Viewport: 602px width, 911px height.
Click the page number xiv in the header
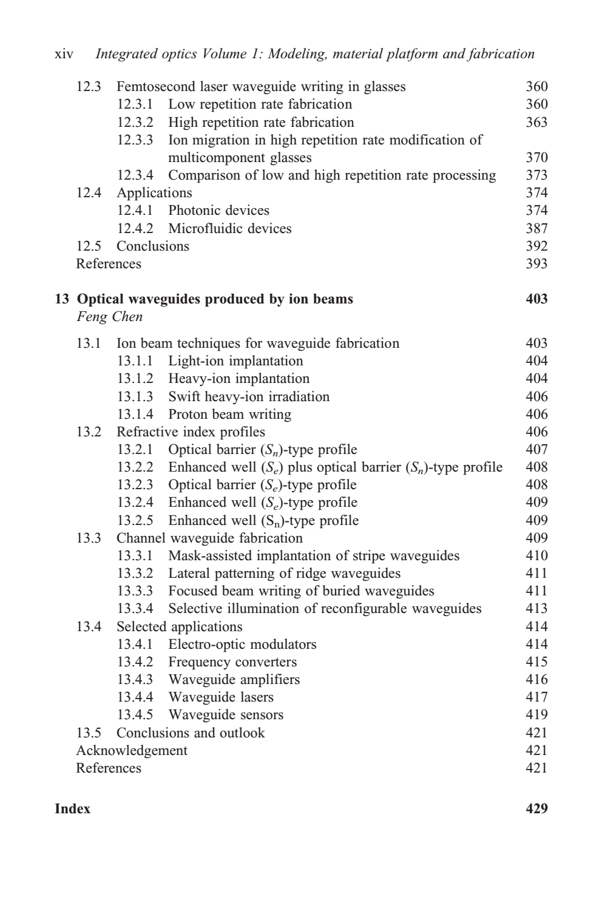pos(64,55)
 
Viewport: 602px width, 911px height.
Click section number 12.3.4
pos(135,175)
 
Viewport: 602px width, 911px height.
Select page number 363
pos(536,122)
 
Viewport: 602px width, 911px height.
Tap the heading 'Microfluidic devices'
pos(229,229)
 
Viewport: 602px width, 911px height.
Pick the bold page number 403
pos(536,299)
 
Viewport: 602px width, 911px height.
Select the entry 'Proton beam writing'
pos(229,415)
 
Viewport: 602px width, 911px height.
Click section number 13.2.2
pos(135,467)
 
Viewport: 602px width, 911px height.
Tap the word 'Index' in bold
pos(72,809)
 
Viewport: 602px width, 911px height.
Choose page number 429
pos(536,809)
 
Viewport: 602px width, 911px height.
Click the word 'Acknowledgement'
pos(132,751)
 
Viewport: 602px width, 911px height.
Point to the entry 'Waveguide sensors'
pos(226,715)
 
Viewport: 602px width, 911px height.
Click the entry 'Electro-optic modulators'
pos(242,645)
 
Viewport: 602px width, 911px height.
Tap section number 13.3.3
pos(135,591)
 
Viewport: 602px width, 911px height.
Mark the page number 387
pos(536,229)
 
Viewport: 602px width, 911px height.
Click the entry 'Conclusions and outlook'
pos(191,733)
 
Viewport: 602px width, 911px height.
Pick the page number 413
pos(536,609)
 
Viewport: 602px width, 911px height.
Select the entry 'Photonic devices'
pos(218,211)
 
